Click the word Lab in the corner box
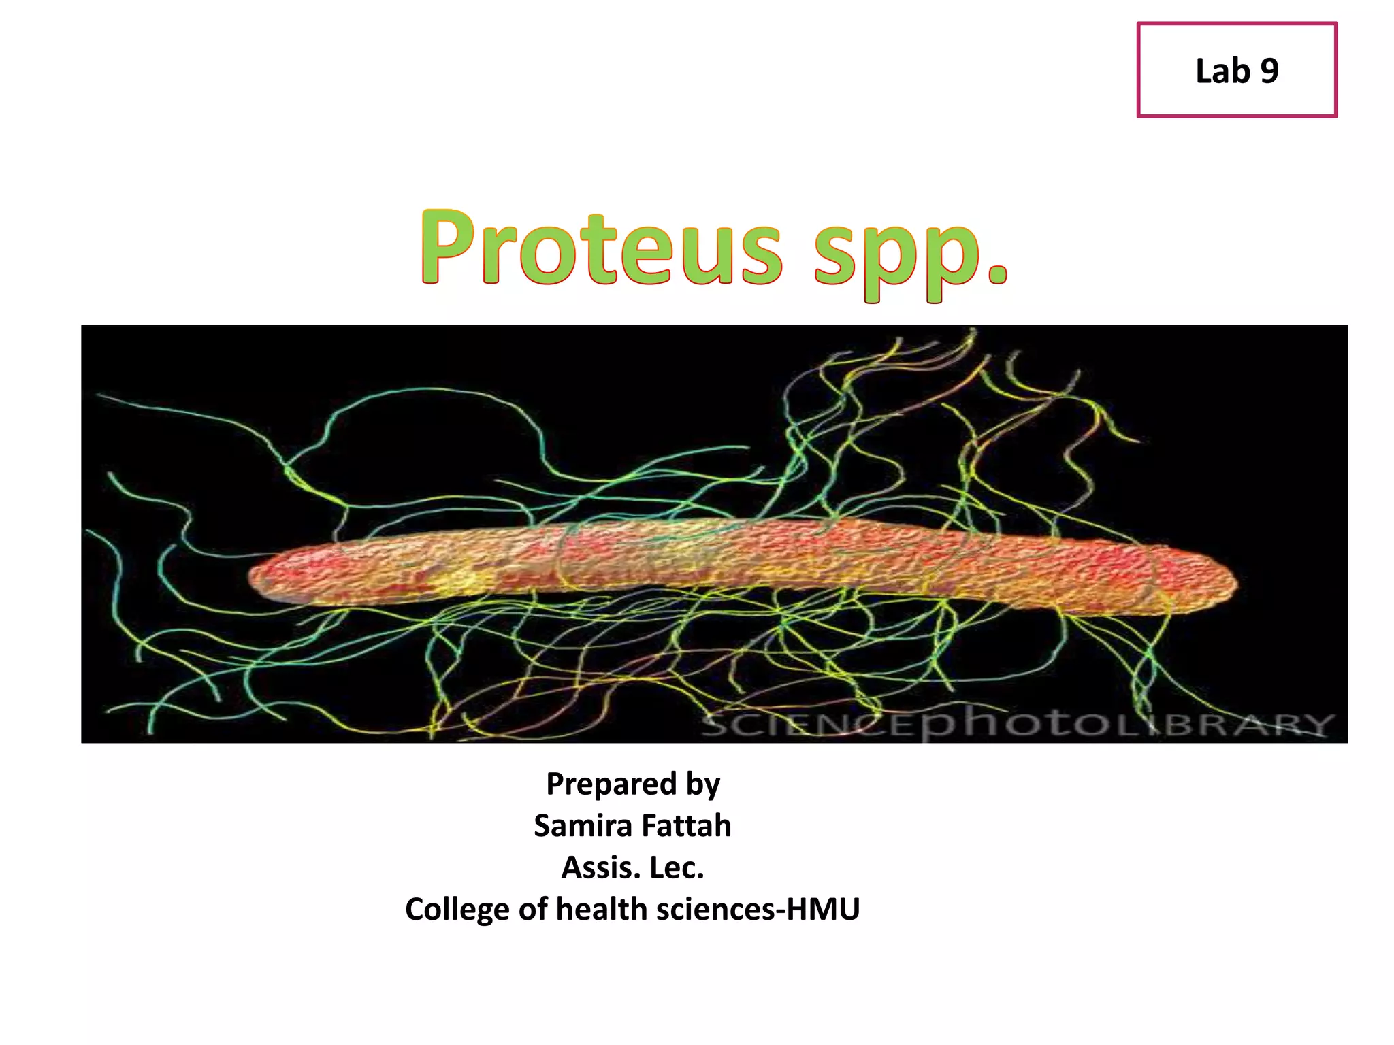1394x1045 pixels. tap(1222, 71)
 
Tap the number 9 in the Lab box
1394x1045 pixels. tap(1269, 71)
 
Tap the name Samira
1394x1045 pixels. tap(583, 826)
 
